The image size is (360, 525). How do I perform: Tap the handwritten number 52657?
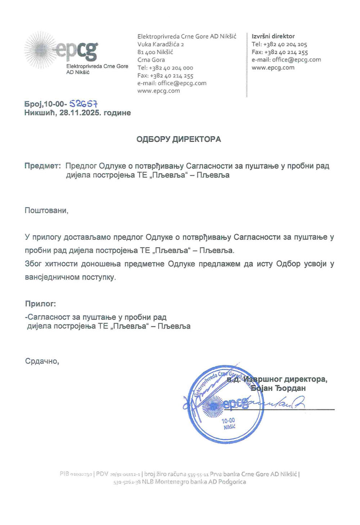(84, 104)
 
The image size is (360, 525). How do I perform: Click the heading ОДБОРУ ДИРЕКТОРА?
(179, 139)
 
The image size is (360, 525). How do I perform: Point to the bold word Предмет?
(42, 166)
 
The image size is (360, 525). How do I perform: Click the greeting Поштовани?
(46, 210)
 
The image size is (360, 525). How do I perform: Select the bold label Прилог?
(40, 304)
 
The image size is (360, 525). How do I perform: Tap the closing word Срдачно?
(42, 361)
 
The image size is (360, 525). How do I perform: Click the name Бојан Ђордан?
(278, 388)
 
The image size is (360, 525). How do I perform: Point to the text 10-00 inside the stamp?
(228, 421)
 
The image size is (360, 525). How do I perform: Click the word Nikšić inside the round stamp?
(229, 427)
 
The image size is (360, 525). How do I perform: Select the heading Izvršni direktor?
(273, 36)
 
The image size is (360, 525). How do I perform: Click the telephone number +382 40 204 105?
(285, 44)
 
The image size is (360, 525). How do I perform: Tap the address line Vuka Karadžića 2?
(161, 44)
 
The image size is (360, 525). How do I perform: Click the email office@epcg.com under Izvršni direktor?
(296, 60)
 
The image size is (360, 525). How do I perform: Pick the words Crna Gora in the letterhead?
(151, 60)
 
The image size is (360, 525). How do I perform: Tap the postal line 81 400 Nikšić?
(155, 52)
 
